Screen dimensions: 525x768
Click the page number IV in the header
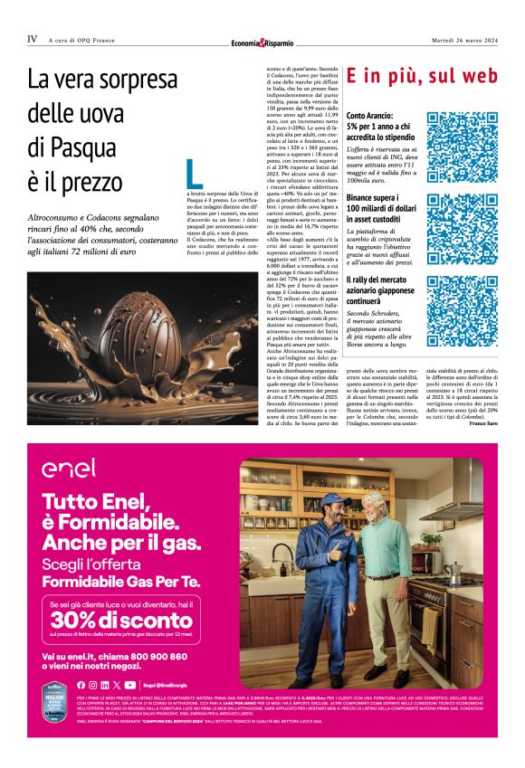pyautogui.click(x=33, y=40)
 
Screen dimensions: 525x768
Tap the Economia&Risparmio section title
pyautogui.click(x=262, y=43)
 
